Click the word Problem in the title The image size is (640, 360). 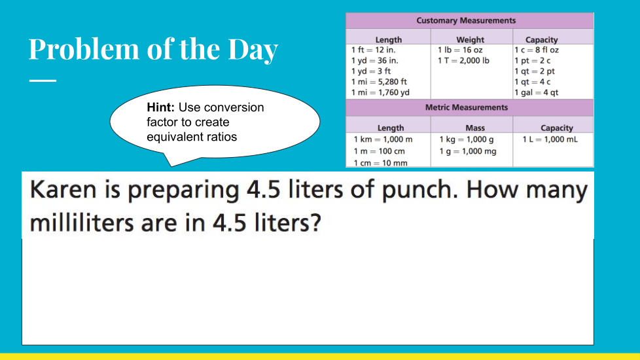tap(84, 49)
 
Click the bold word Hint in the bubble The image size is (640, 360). tap(160, 107)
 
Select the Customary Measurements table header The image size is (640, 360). tap(466, 20)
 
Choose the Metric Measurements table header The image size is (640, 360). tap(467, 107)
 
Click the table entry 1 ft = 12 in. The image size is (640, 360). tap(374, 50)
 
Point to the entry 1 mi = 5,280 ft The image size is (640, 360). tap(379, 82)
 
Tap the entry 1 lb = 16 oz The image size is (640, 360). tap(460, 50)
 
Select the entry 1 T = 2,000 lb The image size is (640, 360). tap(463, 60)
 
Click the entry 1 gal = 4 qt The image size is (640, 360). tap(537, 93)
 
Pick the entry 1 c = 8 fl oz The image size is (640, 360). tap(537, 50)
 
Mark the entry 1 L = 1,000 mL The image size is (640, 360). tap(550, 139)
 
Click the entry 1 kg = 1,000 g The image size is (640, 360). tap(467, 139)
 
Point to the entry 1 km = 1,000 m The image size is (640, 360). tap(383, 139)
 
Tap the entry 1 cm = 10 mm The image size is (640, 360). tap(380, 163)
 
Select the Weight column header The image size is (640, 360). tap(470, 39)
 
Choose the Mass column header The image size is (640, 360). tap(475, 128)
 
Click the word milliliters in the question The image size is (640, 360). tap(82, 223)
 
